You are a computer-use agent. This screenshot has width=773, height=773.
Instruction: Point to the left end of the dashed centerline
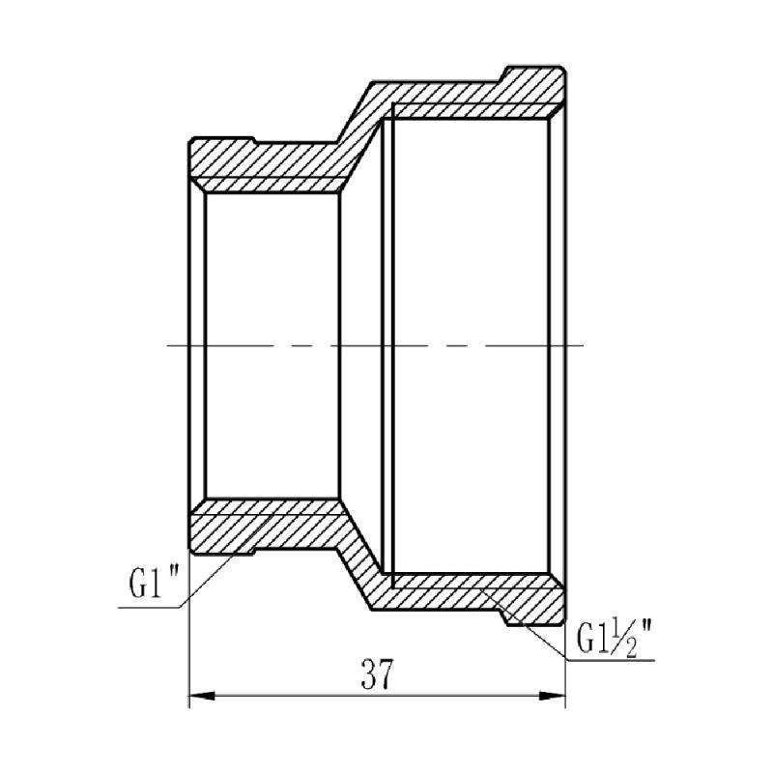(x=171, y=345)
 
